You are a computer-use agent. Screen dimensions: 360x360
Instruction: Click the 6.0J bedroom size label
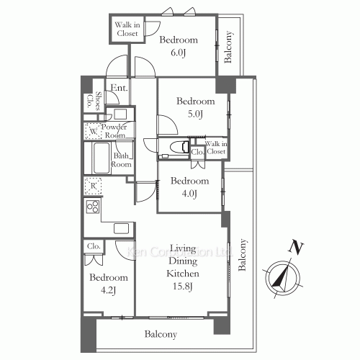tap(178, 53)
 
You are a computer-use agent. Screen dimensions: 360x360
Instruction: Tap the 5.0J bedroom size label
tap(195, 114)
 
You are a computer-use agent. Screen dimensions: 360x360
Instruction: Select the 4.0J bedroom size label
tap(189, 193)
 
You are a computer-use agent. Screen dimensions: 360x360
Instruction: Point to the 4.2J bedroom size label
tap(109, 290)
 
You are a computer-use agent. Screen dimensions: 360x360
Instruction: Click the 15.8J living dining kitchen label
tap(183, 286)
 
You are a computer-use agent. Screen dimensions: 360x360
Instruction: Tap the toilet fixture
tap(179, 147)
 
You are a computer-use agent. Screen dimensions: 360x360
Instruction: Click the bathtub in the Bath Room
tap(102, 158)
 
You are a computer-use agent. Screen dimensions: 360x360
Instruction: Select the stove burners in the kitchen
tap(93, 207)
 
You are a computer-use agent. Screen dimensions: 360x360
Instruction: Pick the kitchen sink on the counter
tap(121, 228)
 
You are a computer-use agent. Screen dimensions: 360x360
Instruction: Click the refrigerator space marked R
tap(93, 186)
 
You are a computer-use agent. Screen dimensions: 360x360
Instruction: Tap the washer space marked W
tap(93, 131)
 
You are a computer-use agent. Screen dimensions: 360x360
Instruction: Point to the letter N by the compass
tap(296, 247)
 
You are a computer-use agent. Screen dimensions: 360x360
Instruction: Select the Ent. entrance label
tap(119, 88)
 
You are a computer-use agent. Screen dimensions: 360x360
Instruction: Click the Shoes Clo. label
tap(94, 100)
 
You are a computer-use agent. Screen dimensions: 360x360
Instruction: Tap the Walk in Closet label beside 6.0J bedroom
tap(127, 29)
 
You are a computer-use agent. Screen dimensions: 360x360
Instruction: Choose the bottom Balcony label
tap(161, 334)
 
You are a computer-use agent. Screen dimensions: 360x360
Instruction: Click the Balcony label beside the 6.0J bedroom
tap(228, 47)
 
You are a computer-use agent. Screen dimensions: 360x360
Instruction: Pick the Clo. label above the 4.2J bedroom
tap(94, 246)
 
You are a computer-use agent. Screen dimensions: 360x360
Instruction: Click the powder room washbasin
tap(120, 114)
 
